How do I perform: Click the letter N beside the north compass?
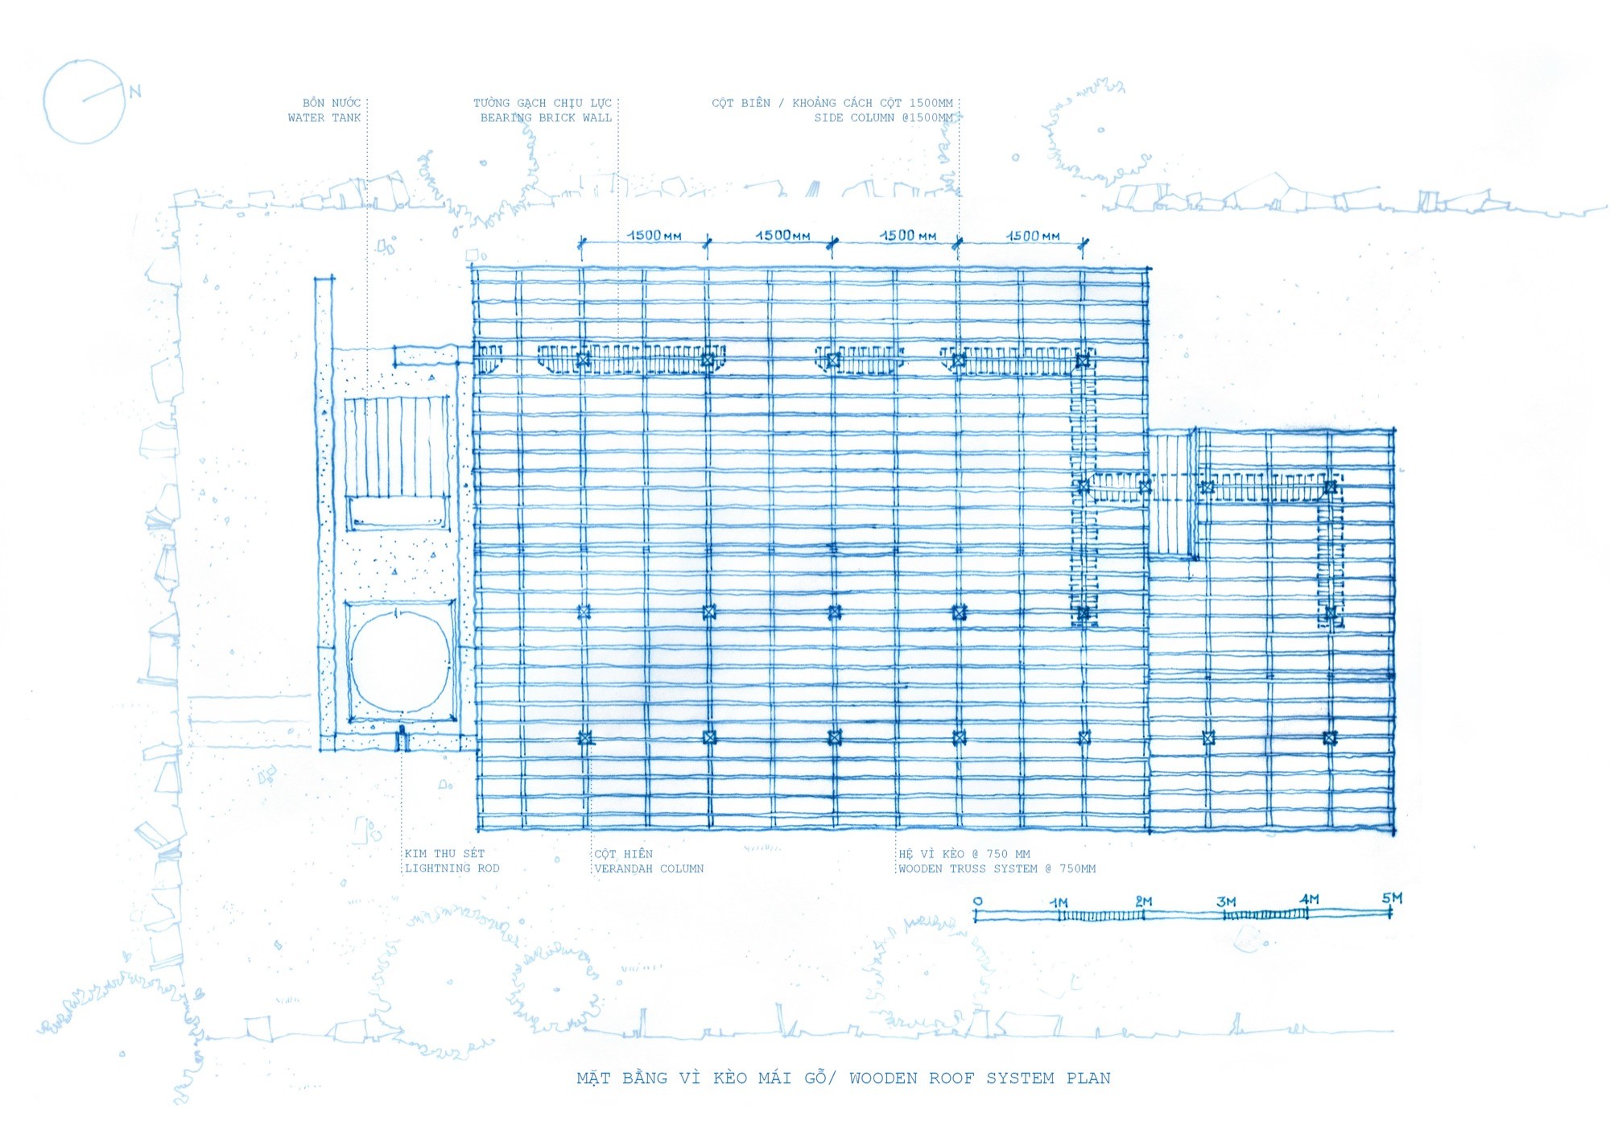[134, 92]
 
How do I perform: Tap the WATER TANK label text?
[324, 118]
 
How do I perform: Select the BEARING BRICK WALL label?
[546, 118]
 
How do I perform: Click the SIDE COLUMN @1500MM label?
[884, 118]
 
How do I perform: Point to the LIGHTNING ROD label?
[452, 868]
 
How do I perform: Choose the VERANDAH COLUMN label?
[649, 868]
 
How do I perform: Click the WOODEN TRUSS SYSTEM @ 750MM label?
[997, 868]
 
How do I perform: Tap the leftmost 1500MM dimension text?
[654, 235]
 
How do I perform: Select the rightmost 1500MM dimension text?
[1034, 235]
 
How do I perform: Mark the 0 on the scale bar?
[977, 901]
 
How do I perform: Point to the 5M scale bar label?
[1392, 897]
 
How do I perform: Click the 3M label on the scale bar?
[1226, 901]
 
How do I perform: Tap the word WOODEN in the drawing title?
[883, 1078]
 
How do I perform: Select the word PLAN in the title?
[1088, 1078]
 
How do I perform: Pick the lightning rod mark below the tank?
[402, 737]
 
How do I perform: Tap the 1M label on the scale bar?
[1059, 903]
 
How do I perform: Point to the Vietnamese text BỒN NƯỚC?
[332, 102]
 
